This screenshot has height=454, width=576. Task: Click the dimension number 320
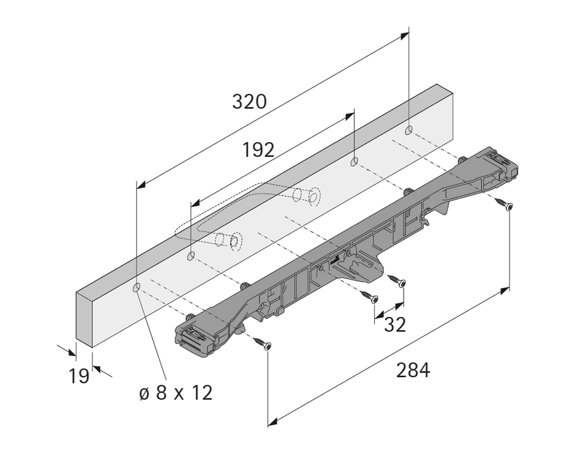point(249,102)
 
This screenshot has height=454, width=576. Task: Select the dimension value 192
point(258,150)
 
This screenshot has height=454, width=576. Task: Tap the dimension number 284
point(413,370)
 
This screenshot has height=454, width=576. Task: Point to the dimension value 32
point(395,325)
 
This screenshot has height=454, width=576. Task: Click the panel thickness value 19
point(79,376)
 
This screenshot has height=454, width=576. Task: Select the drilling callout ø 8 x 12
point(176,393)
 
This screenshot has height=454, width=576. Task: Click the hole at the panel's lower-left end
point(136,288)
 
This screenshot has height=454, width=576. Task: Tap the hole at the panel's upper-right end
point(409,130)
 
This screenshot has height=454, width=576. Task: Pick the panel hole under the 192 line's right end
point(354,161)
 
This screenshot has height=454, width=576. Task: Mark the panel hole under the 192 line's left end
point(191,255)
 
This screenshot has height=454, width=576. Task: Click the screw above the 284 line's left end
point(263,344)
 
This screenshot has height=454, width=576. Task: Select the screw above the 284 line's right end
point(504,204)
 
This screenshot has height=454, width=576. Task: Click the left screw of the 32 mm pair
point(369,296)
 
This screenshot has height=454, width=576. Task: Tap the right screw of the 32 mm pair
point(397,280)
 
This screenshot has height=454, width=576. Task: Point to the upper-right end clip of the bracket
point(500,163)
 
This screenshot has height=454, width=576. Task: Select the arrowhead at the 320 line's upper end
point(404,36)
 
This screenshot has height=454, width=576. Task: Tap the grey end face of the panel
point(84,316)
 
